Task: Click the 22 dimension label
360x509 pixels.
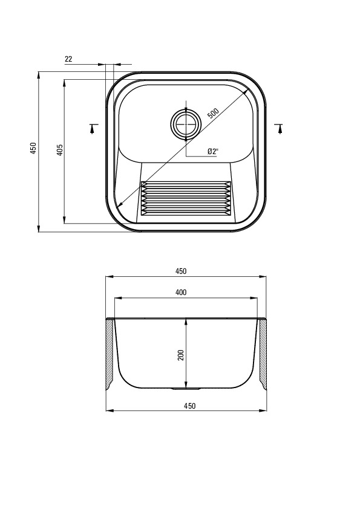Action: pyautogui.click(x=68, y=59)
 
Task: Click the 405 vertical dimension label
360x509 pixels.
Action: pyautogui.click(x=59, y=150)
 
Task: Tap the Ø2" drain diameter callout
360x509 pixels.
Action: pyautogui.click(x=213, y=151)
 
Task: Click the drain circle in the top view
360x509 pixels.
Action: pyautogui.click(x=186, y=123)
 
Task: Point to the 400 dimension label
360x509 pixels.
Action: pyautogui.click(x=181, y=293)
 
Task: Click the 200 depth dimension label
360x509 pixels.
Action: pyautogui.click(x=181, y=355)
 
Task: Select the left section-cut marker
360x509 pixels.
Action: pyautogui.click(x=93, y=129)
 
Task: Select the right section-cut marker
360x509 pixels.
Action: pyautogui.click(x=279, y=129)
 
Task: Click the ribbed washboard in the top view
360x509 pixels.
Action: pyautogui.click(x=186, y=199)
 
